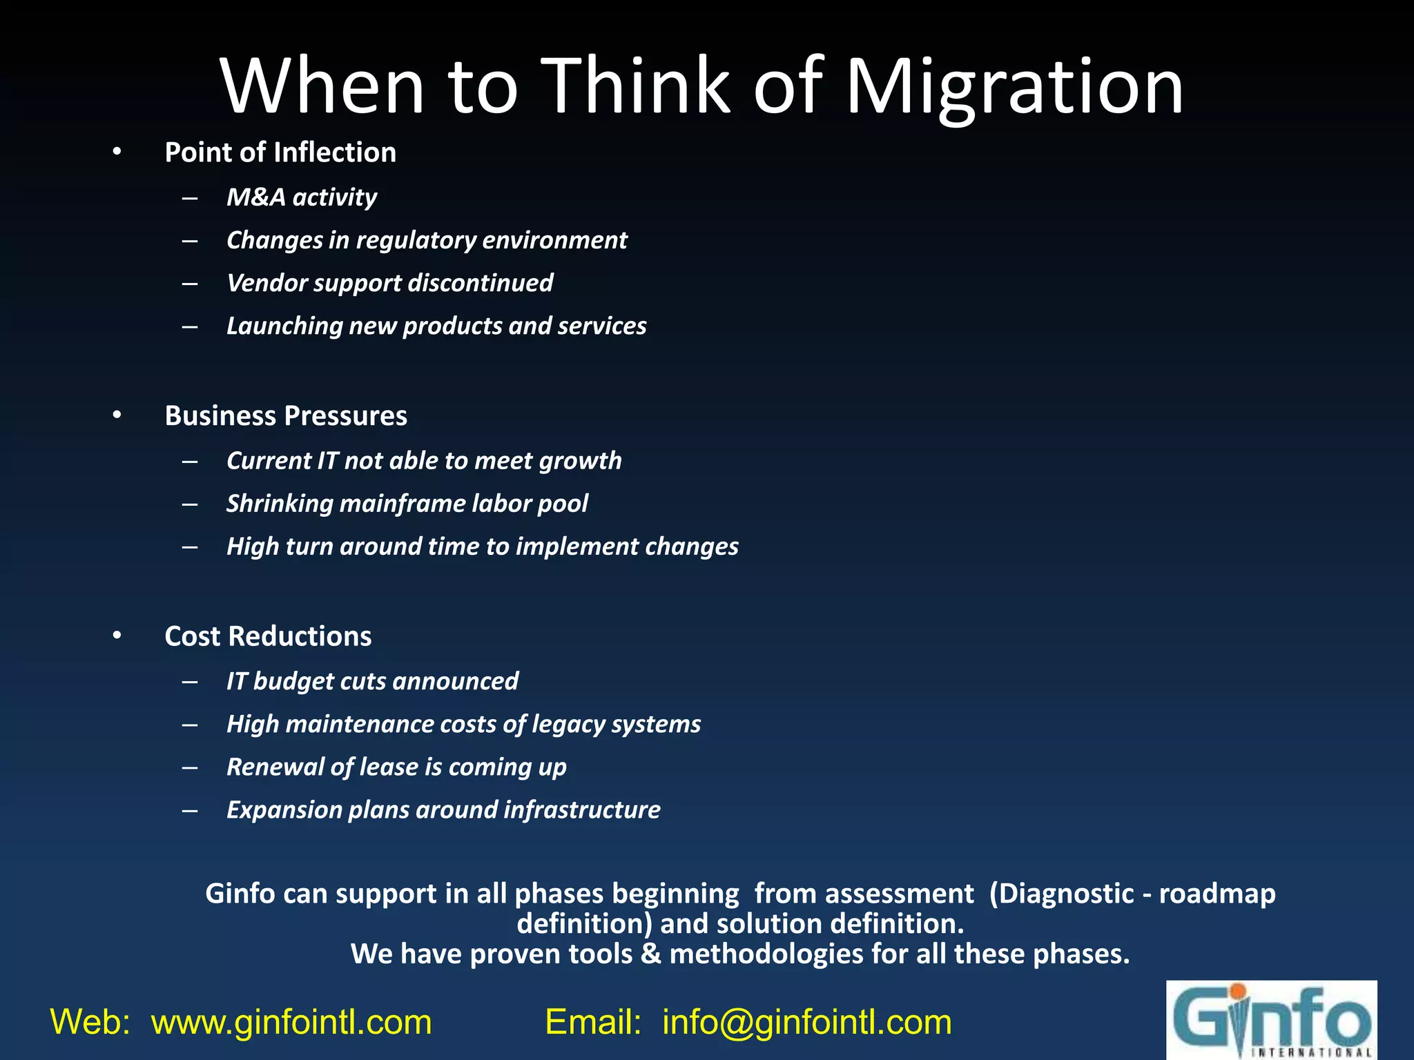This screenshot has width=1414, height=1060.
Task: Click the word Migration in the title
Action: pyautogui.click(x=1014, y=88)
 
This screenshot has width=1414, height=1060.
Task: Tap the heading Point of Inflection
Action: pyautogui.click(x=280, y=153)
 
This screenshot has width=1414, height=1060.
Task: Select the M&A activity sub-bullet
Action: pyautogui.click(x=302, y=197)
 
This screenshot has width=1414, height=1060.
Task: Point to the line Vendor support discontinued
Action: pyautogui.click(x=390, y=283)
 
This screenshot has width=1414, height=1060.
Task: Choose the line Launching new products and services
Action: pyautogui.click(x=436, y=326)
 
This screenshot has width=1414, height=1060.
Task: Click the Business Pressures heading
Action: pyautogui.click(x=286, y=416)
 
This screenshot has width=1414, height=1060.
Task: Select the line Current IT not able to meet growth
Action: pyautogui.click(x=424, y=461)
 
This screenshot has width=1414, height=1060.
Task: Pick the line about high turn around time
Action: pyautogui.click(x=483, y=547)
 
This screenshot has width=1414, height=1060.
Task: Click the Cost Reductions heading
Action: pyautogui.click(x=268, y=636)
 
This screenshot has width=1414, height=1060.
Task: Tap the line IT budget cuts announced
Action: pyautogui.click(x=372, y=681)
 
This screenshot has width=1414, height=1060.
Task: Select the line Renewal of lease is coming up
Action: pyautogui.click(x=396, y=767)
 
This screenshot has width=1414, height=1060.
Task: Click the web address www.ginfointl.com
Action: pyautogui.click(x=291, y=1022)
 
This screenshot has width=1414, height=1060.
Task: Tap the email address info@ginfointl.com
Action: pyautogui.click(x=806, y=1022)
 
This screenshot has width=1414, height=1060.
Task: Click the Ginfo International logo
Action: pyautogui.click(x=1271, y=1020)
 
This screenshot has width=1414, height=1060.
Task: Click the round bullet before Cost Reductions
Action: pyautogui.click(x=117, y=635)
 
